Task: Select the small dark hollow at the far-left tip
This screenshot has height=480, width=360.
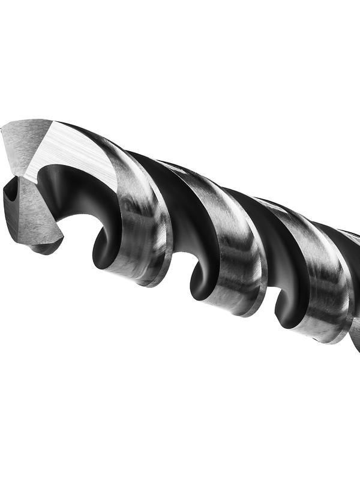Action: [11, 195]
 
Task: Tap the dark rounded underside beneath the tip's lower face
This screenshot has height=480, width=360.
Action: [45, 247]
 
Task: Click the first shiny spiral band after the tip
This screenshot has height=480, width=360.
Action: [141, 222]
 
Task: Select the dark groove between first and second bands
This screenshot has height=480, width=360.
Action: [180, 204]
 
